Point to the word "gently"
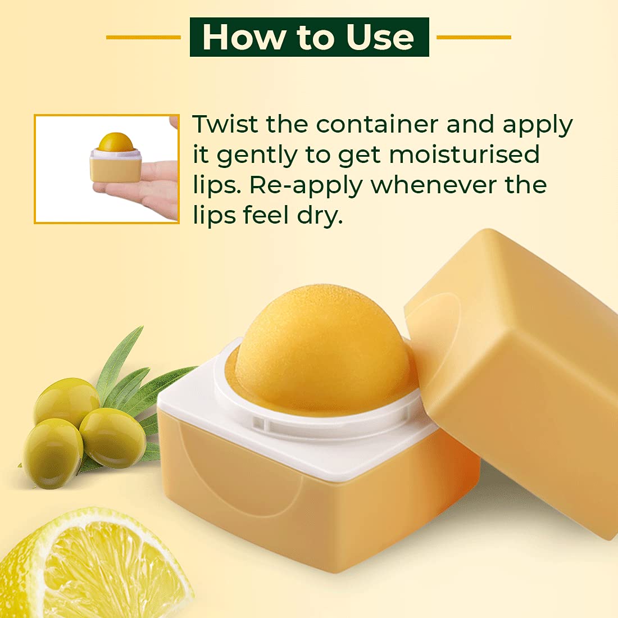click(x=257, y=156)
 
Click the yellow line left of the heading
click(x=143, y=38)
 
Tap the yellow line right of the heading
click(x=474, y=38)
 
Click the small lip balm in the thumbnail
click(x=116, y=157)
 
